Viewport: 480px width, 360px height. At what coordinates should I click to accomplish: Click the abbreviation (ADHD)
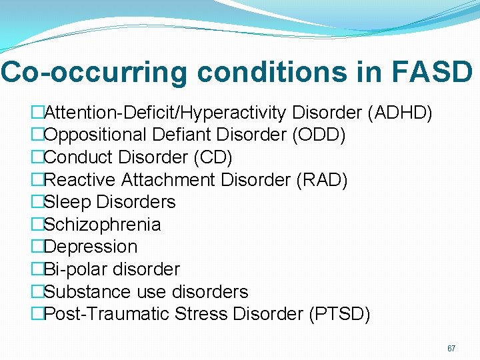point(399,112)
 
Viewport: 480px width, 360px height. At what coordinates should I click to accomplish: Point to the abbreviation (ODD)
point(319,135)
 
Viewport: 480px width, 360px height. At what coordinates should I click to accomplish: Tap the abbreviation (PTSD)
point(339,314)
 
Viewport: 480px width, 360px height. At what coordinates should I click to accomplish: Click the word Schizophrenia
point(102,225)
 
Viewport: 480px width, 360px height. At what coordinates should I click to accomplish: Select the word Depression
point(91,247)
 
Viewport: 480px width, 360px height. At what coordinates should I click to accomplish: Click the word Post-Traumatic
point(107,314)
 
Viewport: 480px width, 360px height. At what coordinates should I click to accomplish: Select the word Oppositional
point(96,135)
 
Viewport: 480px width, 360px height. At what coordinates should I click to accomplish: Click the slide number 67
point(451,349)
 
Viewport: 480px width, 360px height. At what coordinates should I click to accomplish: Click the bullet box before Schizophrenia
point(38,225)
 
